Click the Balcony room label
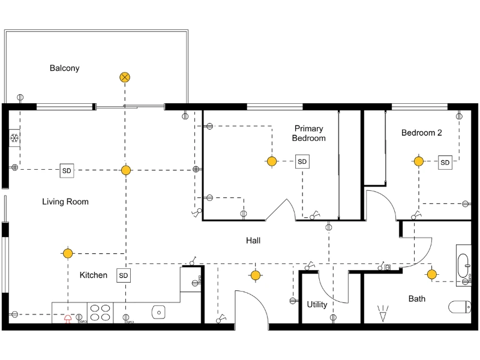click(x=64, y=68)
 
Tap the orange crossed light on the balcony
click(x=125, y=77)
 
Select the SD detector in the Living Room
click(x=66, y=170)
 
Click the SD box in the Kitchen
click(x=124, y=275)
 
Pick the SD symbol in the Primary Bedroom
click(x=302, y=161)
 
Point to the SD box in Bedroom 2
click(x=445, y=162)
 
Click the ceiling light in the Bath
click(x=431, y=275)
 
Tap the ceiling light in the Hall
click(x=256, y=275)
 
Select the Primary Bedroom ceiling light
click(x=272, y=161)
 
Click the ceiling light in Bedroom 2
click(x=418, y=161)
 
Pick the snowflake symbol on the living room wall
click(x=14, y=139)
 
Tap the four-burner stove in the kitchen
click(x=100, y=313)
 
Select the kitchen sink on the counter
click(x=158, y=312)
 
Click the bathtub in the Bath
click(x=463, y=264)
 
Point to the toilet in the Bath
click(x=460, y=307)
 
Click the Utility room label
click(x=317, y=304)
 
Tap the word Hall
click(x=253, y=241)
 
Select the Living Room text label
click(x=65, y=202)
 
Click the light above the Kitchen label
click(x=68, y=253)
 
